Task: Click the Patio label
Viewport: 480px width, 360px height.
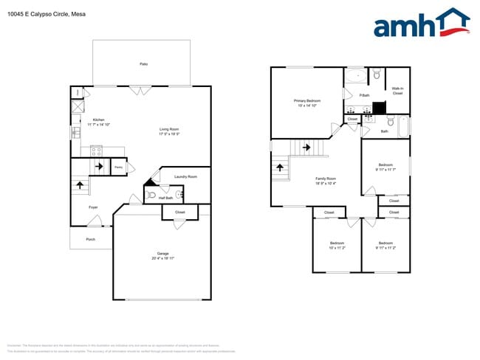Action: tap(143, 64)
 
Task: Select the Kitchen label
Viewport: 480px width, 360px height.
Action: tap(98, 120)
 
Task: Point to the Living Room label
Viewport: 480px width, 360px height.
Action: tap(169, 129)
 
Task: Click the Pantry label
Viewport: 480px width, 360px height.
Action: tap(118, 167)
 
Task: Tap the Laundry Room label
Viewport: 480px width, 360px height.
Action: tap(185, 176)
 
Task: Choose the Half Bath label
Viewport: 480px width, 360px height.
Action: tap(165, 197)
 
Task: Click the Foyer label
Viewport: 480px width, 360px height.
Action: tap(93, 207)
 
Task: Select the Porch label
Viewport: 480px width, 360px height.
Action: tap(90, 239)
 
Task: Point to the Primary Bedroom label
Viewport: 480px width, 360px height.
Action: tap(306, 100)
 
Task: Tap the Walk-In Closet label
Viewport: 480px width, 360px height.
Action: tap(397, 91)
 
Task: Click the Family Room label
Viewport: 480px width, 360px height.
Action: tap(326, 179)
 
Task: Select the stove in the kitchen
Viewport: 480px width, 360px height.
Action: tap(96, 150)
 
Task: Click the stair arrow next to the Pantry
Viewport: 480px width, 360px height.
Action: tap(99, 167)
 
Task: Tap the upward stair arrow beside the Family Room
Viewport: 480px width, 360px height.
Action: tap(280, 166)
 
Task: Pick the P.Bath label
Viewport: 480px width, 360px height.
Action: tap(364, 95)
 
